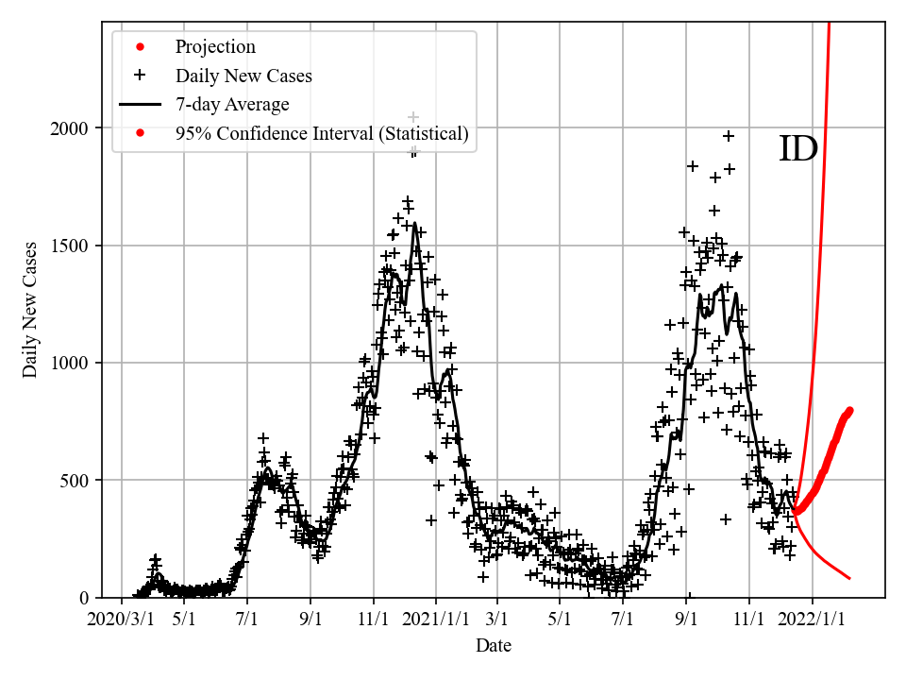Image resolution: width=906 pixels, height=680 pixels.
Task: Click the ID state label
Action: coord(797,149)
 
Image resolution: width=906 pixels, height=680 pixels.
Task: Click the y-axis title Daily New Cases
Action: coord(30,310)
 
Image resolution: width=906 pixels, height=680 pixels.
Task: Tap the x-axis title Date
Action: coord(494,646)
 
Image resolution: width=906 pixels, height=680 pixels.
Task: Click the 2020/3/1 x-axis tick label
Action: coord(121,620)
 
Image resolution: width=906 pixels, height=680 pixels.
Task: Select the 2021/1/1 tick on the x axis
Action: coord(436,620)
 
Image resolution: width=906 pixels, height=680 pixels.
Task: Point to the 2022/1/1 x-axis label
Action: coord(813,620)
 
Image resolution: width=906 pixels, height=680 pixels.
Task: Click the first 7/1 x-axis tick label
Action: coord(247,620)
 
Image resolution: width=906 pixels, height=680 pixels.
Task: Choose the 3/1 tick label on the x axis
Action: coord(496,620)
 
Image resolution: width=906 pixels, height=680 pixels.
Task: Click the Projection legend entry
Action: coord(215,46)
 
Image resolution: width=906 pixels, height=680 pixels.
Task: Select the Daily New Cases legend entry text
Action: coord(243,76)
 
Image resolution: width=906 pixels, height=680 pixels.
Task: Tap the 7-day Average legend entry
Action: coord(232,105)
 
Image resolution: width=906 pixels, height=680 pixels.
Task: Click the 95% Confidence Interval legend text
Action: coord(322,134)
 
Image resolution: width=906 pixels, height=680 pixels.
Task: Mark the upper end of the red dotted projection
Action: coord(849,410)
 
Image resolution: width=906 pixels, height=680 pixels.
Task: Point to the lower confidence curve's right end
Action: coord(849,578)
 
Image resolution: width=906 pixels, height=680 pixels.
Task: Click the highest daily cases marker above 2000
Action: coord(412,117)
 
